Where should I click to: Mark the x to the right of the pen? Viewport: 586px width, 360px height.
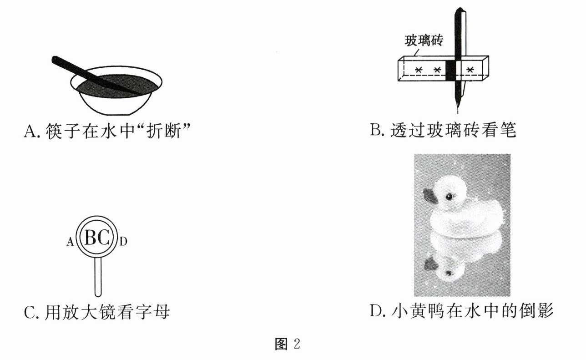tap(471, 69)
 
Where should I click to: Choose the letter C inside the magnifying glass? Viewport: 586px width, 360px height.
tap(104, 238)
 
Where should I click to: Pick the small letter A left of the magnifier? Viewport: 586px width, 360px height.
tap(70, 243)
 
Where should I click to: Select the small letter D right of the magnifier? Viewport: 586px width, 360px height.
tap(123, 242)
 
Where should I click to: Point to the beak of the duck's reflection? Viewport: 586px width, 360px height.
tap(430, 263)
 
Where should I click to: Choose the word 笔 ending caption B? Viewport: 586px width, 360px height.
tap(507, 131)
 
